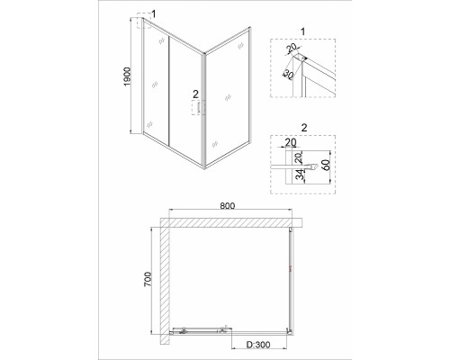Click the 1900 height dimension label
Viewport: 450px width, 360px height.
tap(128, 76)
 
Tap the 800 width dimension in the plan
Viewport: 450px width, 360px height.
tap(228, 205)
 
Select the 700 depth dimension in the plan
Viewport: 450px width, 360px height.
tap(148, 280)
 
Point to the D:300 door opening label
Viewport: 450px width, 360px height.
tap(258, 345)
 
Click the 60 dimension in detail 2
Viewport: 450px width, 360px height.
tap(326, 165)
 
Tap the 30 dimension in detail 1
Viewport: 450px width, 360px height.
tap(288, 74)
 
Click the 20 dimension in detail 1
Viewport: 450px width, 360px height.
tap(291, 48)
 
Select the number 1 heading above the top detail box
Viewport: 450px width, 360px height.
tap(302, 31)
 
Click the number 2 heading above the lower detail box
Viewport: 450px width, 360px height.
tap(304, 128)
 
